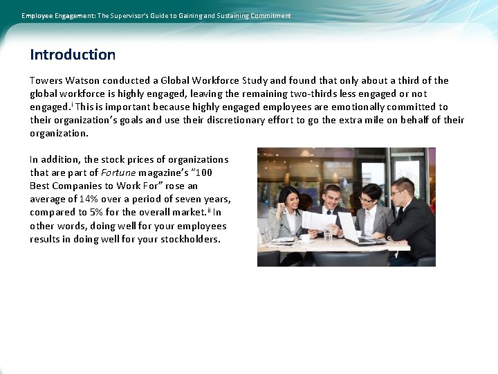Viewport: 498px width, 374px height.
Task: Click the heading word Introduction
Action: pos(73,55)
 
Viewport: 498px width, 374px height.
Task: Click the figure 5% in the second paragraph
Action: pos(96,213)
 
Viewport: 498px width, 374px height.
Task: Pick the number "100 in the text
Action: pos(215,172)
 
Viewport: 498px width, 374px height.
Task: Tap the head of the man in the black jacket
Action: pos(402,188)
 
